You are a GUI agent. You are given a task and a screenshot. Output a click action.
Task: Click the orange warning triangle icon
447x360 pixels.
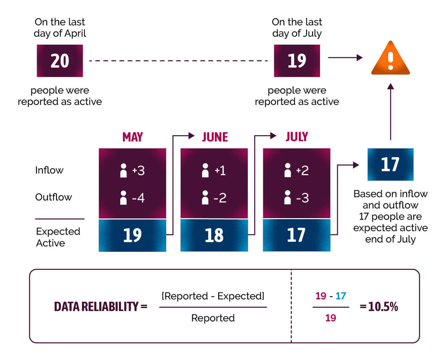[x=390, y=58]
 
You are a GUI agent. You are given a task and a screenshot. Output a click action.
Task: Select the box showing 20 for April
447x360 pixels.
[x=60, y=61]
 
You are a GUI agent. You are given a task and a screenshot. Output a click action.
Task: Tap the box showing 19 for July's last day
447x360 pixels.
[x=297, y=61]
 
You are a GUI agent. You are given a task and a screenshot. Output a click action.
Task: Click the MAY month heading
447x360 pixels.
[x=133, y=137]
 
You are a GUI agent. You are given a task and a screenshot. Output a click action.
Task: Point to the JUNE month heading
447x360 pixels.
[x=215, y=137]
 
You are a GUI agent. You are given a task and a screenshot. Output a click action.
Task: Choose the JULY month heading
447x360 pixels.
[x=297, y=137]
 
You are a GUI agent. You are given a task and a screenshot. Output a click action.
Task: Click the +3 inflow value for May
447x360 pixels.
[x=138, y=171]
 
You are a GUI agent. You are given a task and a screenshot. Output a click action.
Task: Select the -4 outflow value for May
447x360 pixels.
[x=138, y=198]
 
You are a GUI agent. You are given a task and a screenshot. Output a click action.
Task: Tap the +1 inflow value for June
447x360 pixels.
[x=220, y=171]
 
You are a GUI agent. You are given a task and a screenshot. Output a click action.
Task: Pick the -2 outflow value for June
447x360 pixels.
[x=220, y=198]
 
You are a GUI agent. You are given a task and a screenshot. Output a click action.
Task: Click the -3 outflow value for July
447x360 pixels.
[x=302, y=198]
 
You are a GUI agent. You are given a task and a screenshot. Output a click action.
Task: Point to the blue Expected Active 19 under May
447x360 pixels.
[x=132, y=235]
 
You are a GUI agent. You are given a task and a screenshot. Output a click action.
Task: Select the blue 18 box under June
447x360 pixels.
[x=214, y=235]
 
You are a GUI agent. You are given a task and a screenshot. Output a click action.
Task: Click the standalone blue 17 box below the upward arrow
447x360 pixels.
[x=390, y=165]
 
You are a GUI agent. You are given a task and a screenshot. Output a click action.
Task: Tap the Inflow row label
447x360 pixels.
[x=49, y=170]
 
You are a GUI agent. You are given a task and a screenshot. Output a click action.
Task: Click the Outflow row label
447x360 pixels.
[x=53, y=197]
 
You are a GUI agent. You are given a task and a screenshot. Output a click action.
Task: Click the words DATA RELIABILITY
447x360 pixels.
[x=96, y=306]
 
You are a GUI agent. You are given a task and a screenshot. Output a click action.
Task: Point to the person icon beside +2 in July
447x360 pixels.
[x=288, y=170]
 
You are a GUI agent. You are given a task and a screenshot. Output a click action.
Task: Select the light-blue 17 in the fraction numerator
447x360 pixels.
[x=341, y=296]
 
